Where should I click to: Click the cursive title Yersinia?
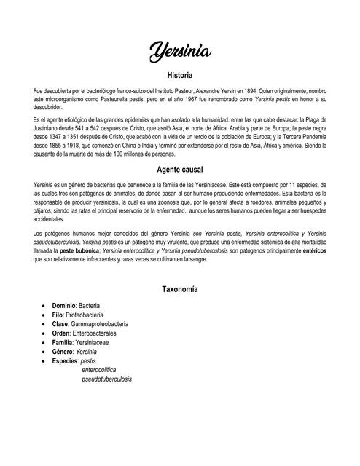pos(179,51)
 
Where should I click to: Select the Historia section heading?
pos(179,75)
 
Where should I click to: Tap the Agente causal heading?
pos(179,169)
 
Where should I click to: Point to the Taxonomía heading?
pos(179,289)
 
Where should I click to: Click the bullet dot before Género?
pos(45,351)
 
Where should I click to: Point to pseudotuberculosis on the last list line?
pos(106,379)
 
